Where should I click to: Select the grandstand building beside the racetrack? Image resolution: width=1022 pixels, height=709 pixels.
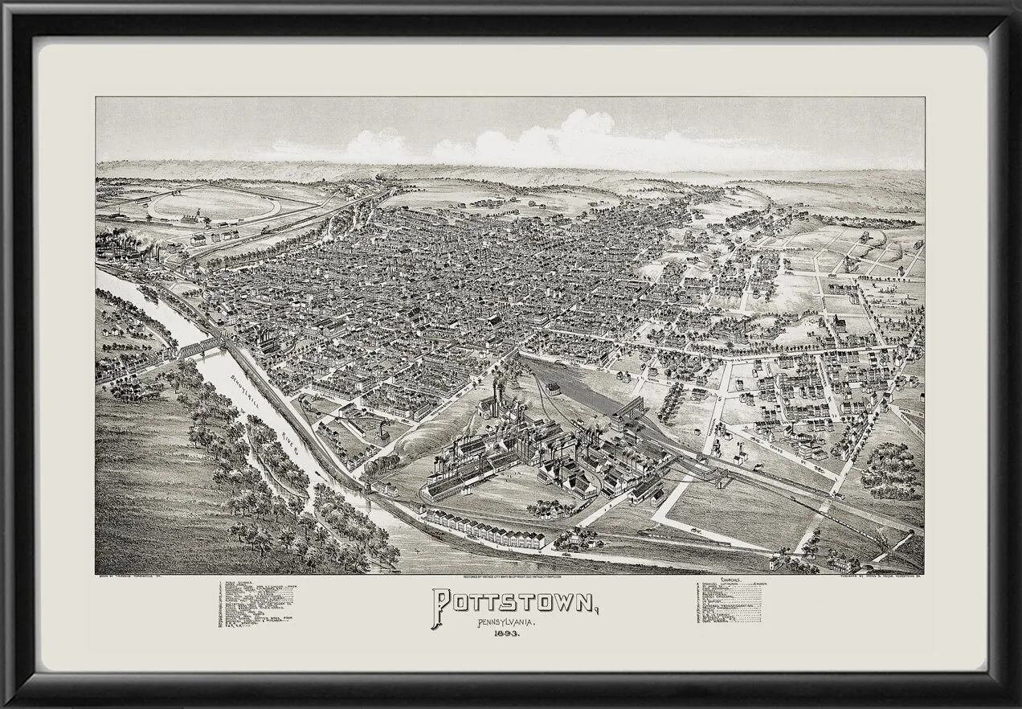(190, 218)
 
